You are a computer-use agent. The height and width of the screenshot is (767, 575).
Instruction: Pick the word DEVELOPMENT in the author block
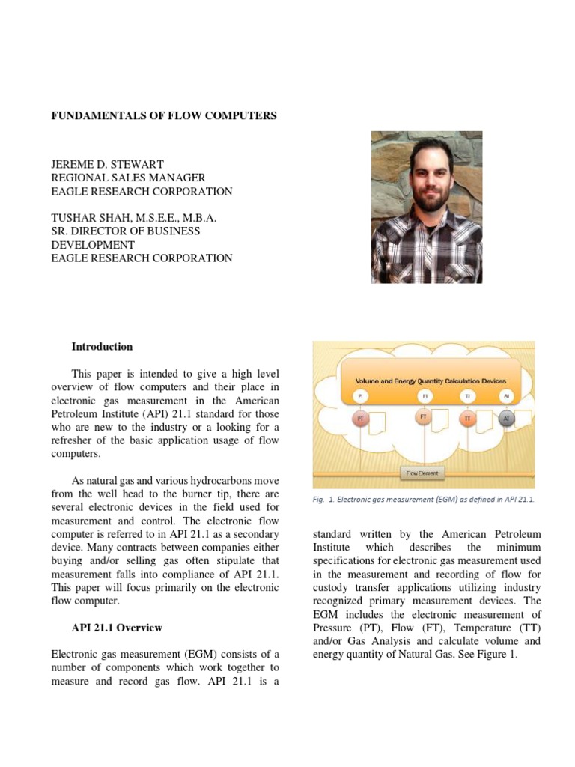(93, 245)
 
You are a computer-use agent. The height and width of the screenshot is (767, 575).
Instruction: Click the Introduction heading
(102, 347)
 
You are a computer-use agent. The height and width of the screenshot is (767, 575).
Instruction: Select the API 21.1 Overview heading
(117, 627)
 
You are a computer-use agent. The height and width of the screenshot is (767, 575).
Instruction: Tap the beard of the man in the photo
(427, 201)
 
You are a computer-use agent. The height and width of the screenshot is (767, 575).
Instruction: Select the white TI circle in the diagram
(467, 395)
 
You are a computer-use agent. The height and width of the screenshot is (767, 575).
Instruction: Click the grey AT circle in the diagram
(506, 419)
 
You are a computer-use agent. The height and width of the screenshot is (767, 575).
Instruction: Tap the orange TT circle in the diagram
(468, 419)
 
